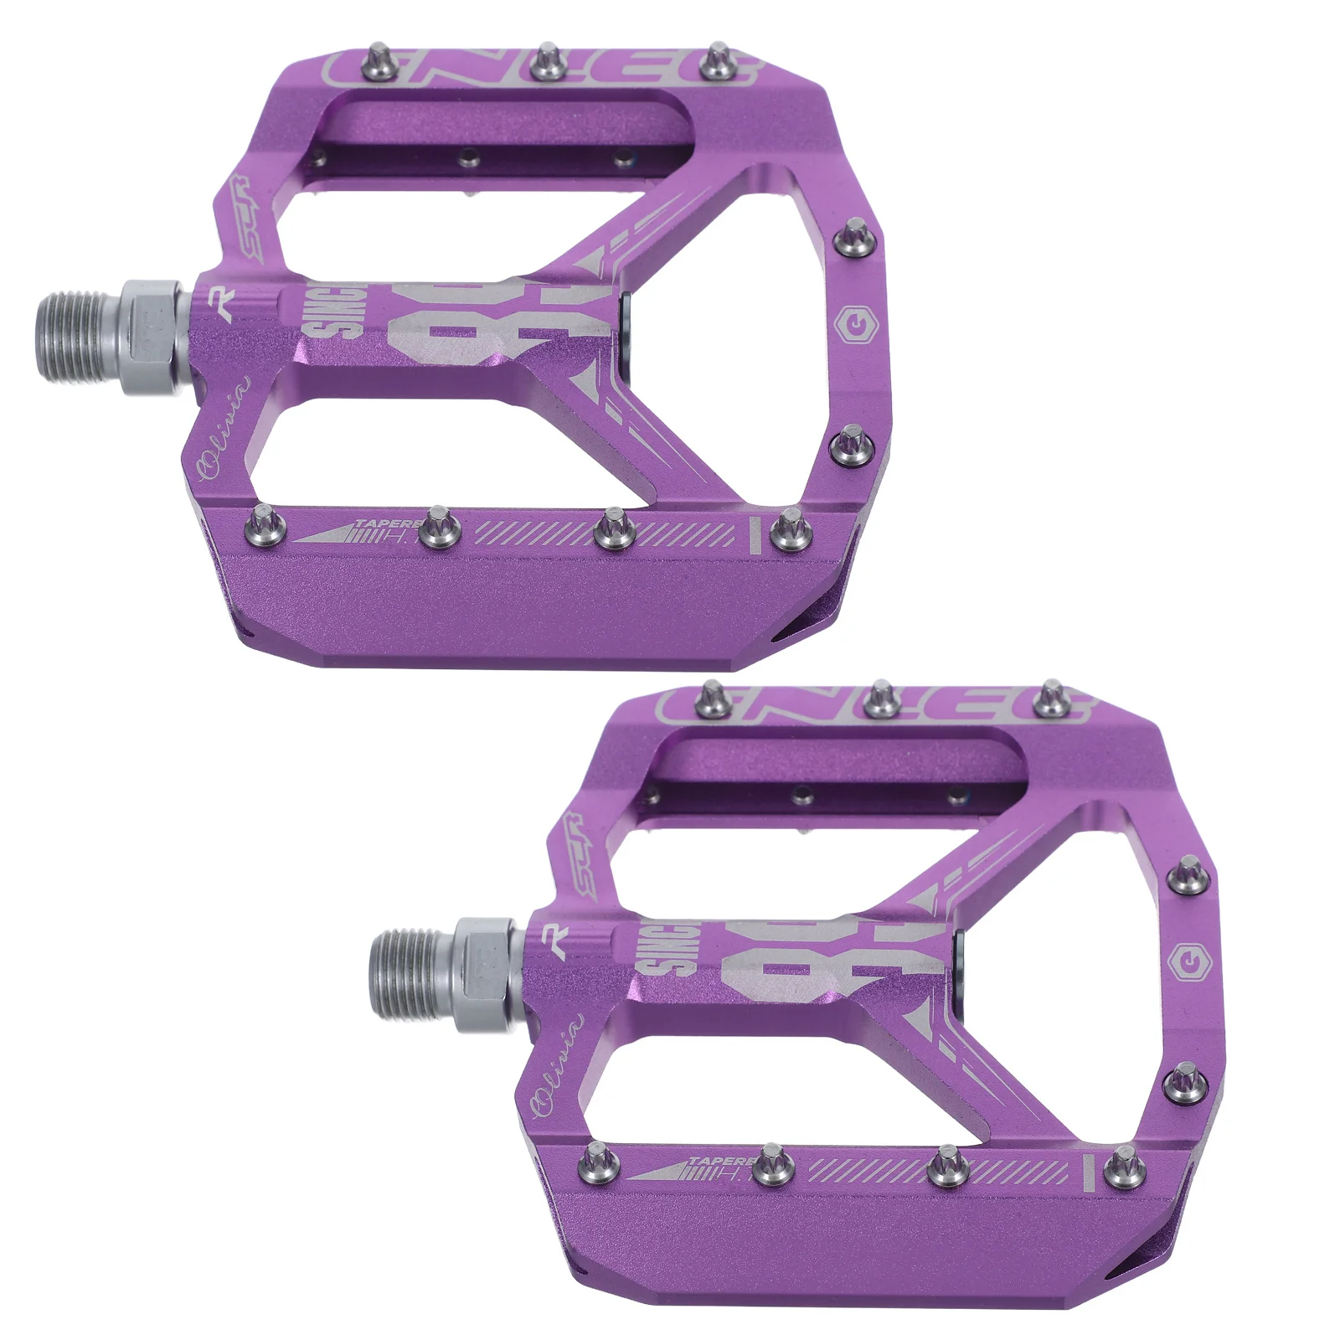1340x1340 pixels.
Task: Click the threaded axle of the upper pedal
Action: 80,335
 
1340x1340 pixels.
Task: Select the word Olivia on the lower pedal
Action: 559,1065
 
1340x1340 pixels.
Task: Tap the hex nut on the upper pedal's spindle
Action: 151,337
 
